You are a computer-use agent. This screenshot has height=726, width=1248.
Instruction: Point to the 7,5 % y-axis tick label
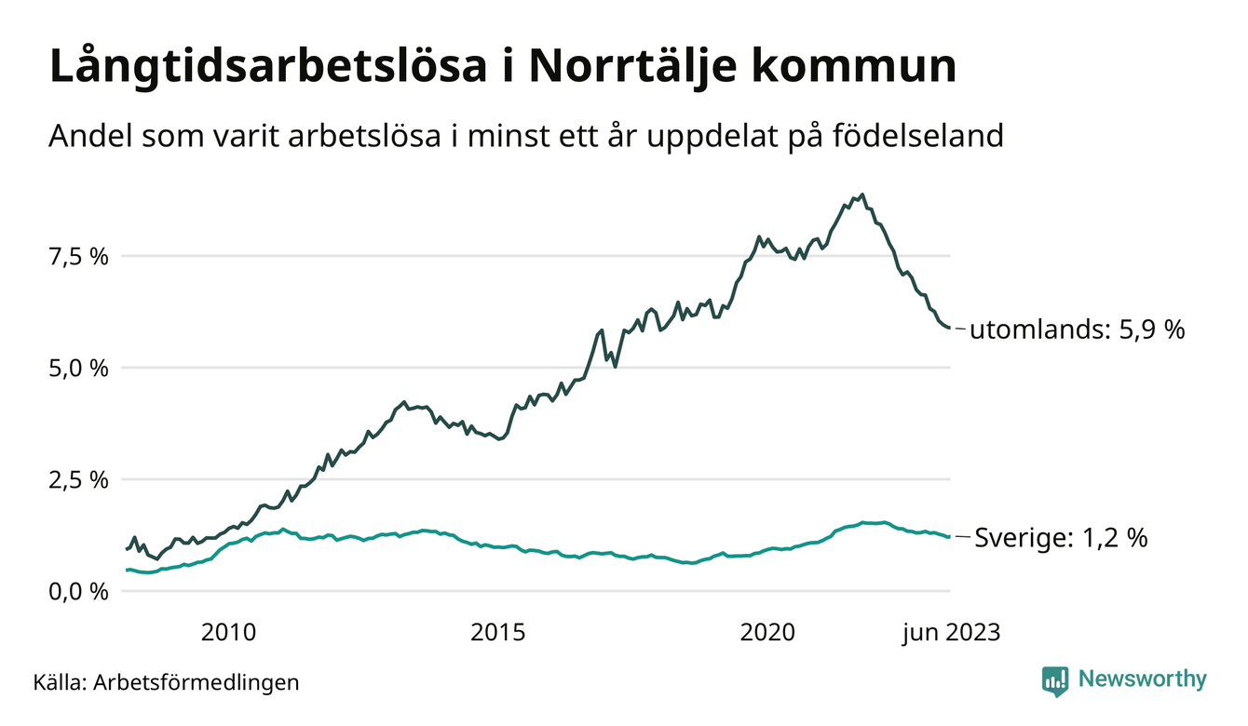point(80,256)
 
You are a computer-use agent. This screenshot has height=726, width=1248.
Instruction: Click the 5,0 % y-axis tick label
point(80,368)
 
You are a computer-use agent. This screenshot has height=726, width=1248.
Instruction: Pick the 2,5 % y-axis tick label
point(80,479)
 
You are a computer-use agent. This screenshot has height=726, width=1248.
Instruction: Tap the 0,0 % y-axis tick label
point(80,591)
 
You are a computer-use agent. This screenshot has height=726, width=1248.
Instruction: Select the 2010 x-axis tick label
point(228,633)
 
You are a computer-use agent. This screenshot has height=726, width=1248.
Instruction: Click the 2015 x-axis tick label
point(498,633)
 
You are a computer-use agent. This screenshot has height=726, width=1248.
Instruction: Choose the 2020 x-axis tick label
point(767,633)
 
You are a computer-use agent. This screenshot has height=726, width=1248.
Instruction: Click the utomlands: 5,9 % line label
point(1077,329)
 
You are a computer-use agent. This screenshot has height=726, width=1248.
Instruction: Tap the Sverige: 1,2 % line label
point(1060,537)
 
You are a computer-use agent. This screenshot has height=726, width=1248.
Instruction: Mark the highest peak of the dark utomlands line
point(863,195)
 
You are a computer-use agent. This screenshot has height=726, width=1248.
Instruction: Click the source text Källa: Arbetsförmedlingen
point(166,681)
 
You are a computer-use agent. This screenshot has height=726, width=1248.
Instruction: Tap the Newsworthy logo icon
point(1055,680)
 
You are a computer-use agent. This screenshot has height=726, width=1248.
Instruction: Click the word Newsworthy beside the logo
point(1142,679)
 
